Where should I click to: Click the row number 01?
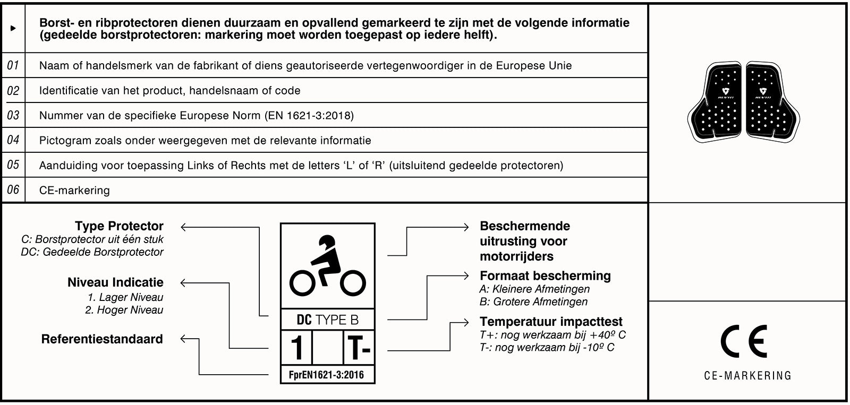tap(13, 65)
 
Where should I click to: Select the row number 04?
tap(13, 140)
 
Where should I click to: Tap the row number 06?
tap(13, 189)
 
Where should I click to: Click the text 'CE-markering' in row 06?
tap(74, 190)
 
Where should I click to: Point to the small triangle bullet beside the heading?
tap(13, 28)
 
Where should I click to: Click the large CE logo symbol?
tap(744, 341)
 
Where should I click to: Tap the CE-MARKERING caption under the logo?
tap(747, 376)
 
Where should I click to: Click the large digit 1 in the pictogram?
tap(296, 348)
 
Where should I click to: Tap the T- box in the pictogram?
tap(359, 348)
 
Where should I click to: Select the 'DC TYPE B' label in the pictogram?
tap(327, 320)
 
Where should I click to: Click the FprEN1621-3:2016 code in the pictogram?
tap(326, 375)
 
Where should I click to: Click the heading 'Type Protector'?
tap(119, 226)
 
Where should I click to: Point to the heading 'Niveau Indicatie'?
tap(115, 282)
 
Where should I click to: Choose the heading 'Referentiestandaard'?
tap(102, 339)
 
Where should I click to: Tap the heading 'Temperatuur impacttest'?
tap(551, 322)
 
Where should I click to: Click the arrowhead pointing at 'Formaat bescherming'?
tap(466, 276)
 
